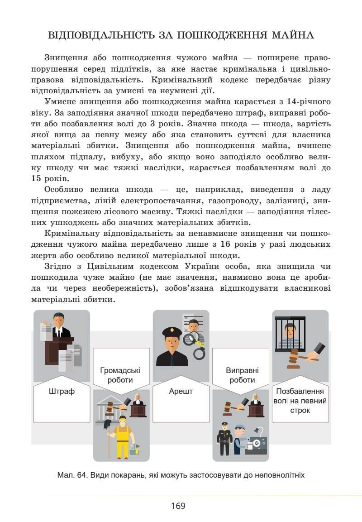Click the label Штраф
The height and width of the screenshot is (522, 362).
pyautogui.click(x=62, y=391)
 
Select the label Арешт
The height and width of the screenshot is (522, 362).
pyautogui.click(x=181, y=391)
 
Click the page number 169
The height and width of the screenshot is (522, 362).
pyautogui.click(x=178, y=506)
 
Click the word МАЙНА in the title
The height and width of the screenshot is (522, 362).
pyautogui.click(x=292, y=35)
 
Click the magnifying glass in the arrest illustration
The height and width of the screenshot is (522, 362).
pyautogui.click(x=195, y=338)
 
